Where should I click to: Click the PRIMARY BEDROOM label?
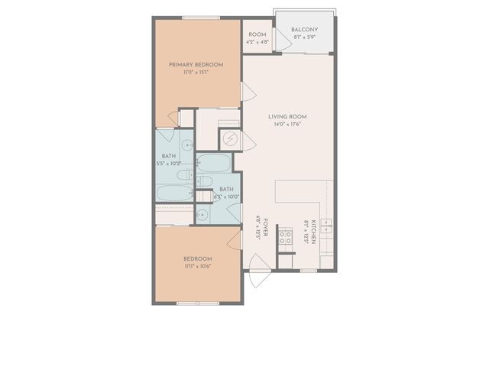pyautogui.click(x=196, y=65)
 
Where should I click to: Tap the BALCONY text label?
pyautogui.click(x=304, y=30)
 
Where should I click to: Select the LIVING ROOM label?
pyautogui.click(x=287, y=116)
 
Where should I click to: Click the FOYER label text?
pyautogui.click(x=258, y=228)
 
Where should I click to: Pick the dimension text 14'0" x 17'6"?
pyautogui.click(x=287, y=126)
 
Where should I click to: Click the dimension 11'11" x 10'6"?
pyautogui.click(x=197, y=266)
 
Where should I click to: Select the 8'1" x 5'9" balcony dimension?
pyautogui.click(x=304, y=37)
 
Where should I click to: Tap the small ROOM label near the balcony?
pyautogui.click(x=257, y=34)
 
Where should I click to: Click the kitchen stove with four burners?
pyautogui.click(x=285, y=237)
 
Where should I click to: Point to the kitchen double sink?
pyautogui.click(x=326, y=226)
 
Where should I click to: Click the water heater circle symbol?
pyautogui.click(x=229, y=140)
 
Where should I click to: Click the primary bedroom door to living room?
pyautogui.click(x=248, y=93)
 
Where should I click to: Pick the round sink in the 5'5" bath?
pyautogui.click(x=187, y=143)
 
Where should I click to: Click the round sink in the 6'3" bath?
pyautogui.click(x=202, y=216)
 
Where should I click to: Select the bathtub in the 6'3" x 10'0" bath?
pyautogui.click(x=214, y=164)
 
